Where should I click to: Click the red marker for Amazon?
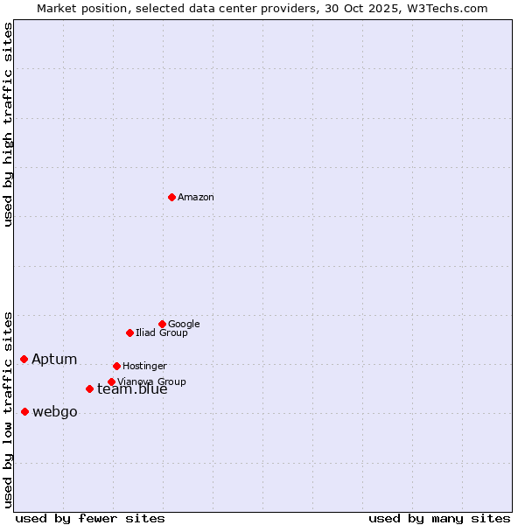[171, 198]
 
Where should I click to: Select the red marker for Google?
[162, 324]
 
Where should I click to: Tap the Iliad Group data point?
[129, 332]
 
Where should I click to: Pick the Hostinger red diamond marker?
[116, 366]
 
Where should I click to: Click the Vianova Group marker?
[111, 381]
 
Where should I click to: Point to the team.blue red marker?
[89, 388]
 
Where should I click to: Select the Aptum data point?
[24, 359]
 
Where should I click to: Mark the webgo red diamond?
[24, 411]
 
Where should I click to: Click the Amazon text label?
[196, 198]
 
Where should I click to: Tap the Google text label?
[184, 324]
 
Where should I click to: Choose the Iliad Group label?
[162, 332]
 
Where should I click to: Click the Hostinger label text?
[144, 366]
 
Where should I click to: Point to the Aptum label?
[54, 360]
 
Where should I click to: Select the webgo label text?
[55, 412]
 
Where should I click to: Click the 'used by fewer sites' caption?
[90, 518]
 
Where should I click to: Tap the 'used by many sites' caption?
[439, 518]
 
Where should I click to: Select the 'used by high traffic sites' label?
[9, 124]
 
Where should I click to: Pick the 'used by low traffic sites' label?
[9, 409]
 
